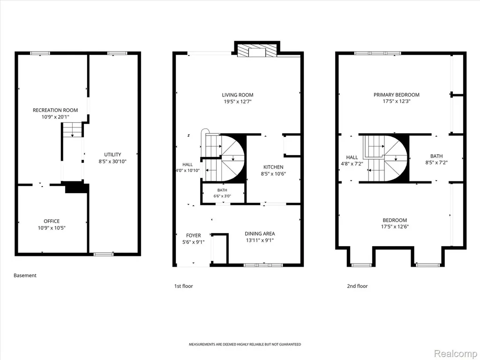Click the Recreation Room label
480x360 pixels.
[55, 110]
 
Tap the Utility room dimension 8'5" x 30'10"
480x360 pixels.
[112, 161]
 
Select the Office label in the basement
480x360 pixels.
[52, 221]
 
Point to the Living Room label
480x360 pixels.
[238, 95]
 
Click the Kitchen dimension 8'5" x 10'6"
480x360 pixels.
[273, 174]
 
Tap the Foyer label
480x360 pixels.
[194, 235]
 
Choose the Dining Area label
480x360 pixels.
[260, 233]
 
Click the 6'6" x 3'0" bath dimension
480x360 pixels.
[222, 196]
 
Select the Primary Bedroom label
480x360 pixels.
[397, 95]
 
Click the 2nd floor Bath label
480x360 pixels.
[436, 156]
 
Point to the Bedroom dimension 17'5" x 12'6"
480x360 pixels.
[395, 227]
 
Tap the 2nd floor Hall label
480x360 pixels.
[352, 157]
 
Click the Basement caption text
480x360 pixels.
[25, 276]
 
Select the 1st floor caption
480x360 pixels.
[184, 286]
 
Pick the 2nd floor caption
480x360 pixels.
[357, 286]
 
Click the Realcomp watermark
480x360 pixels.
[455, 353]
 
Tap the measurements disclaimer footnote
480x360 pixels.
[245, 345]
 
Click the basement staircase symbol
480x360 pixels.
[73, 130]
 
